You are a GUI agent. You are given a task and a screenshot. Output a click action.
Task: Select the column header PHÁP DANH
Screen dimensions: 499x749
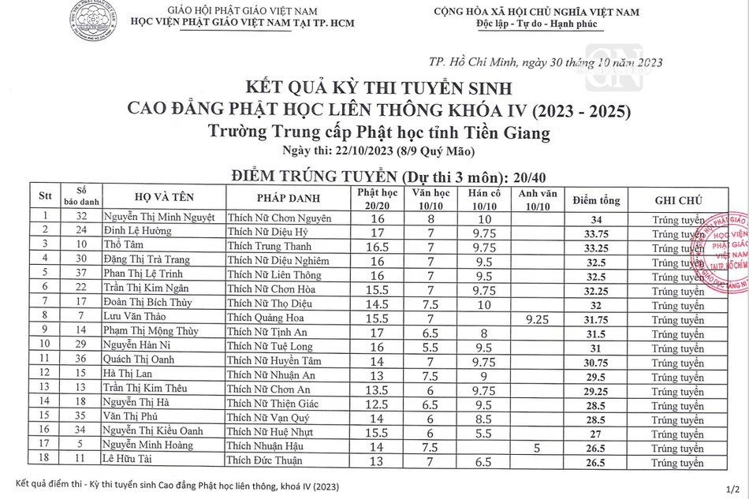tap(285, 197)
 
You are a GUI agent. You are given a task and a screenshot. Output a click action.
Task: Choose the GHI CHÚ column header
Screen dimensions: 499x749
tap(679, 200)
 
